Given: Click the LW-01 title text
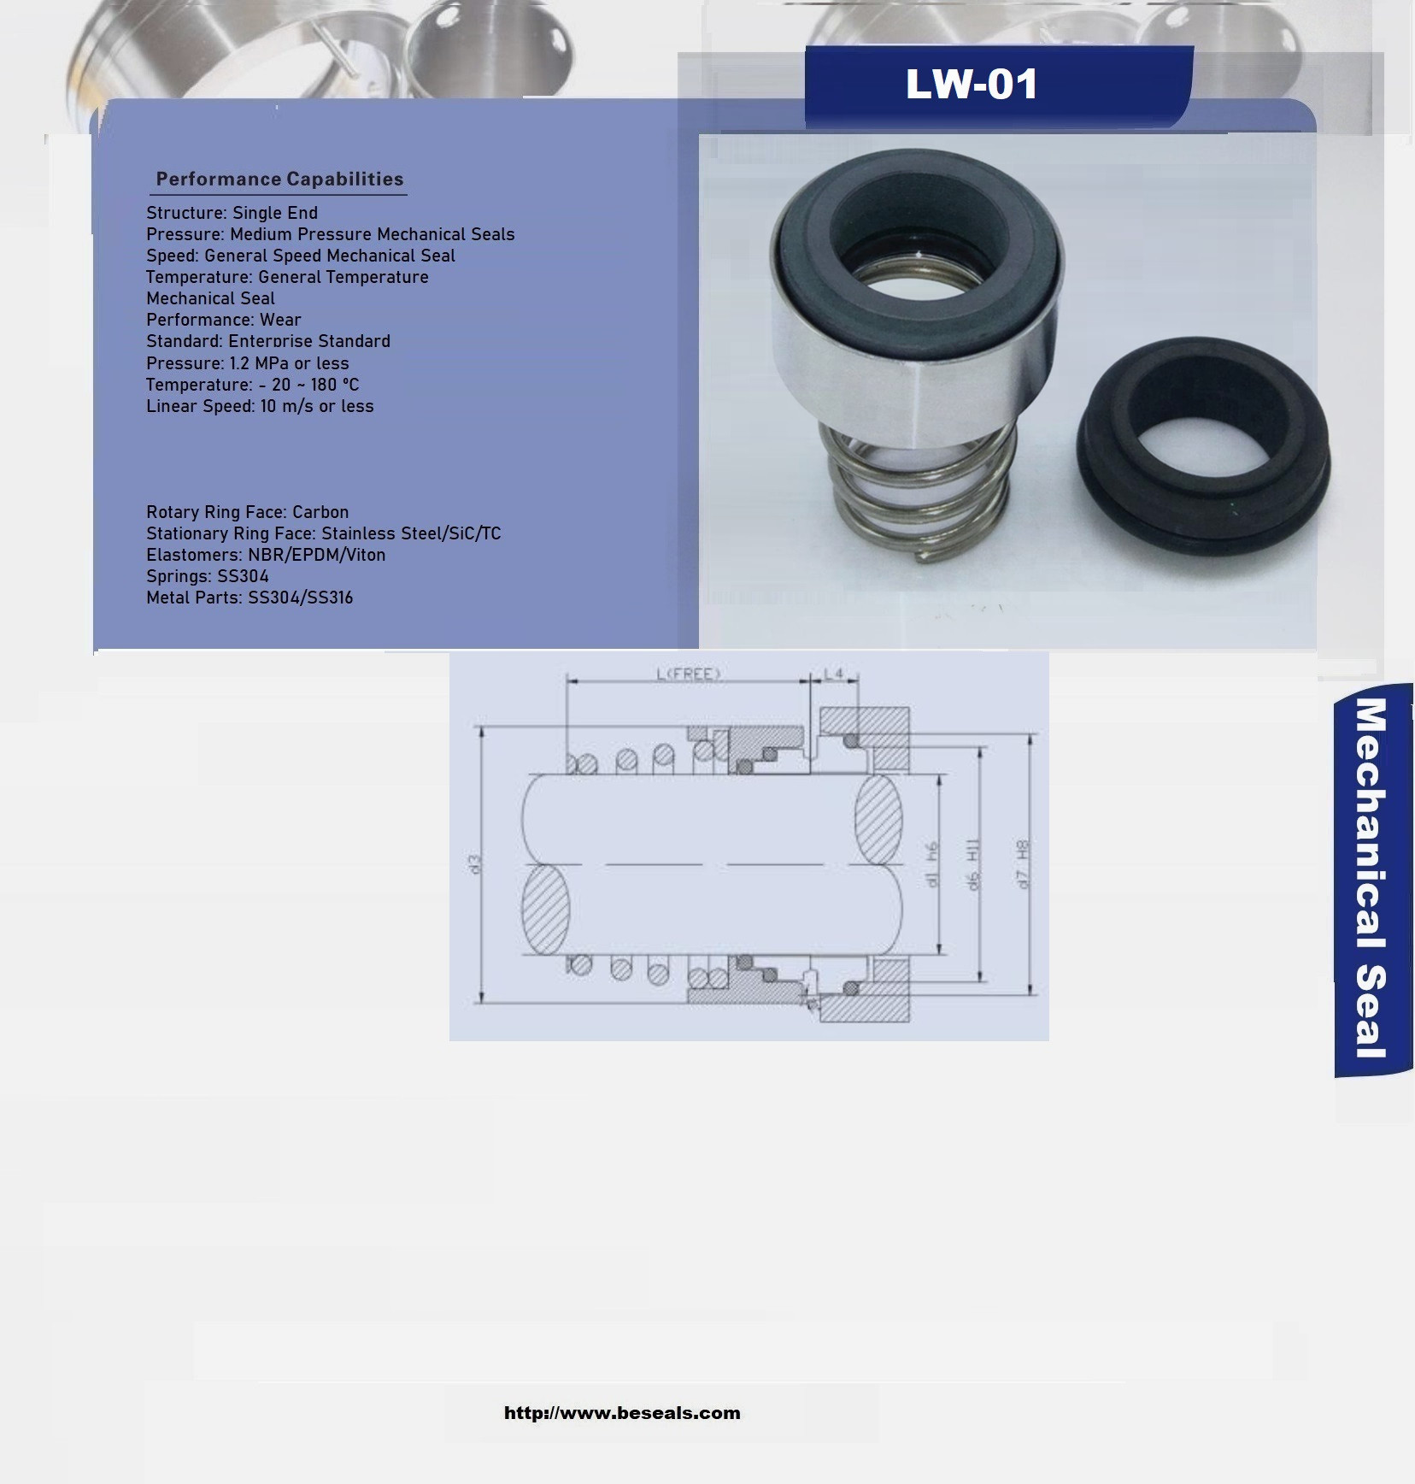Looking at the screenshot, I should point(972,85).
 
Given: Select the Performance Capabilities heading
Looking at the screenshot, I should point(279,180).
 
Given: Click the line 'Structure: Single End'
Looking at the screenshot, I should point(232,213).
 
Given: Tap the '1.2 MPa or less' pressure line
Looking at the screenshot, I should point(247,363).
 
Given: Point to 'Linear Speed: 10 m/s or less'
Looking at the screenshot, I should point(260,406).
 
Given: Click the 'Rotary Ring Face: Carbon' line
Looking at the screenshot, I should point(247,512).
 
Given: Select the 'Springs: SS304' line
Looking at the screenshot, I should point(208,576).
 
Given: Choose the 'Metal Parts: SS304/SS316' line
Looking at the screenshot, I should point(250,598).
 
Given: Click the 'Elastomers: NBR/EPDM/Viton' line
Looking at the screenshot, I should point(266,555).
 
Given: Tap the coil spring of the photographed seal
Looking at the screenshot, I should point(919,504).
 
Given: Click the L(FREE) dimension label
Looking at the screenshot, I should point(689,674).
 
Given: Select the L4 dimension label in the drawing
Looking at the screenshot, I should point(834,674).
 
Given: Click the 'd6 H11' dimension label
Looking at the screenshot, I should point(973,864).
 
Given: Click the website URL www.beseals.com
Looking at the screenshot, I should point(622,1413).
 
